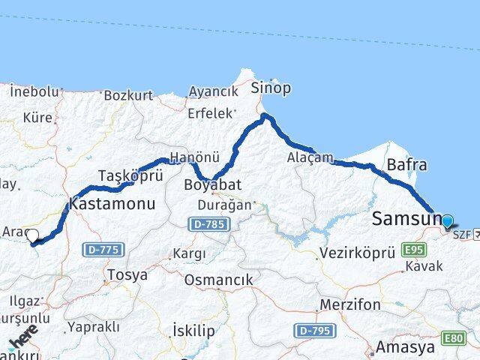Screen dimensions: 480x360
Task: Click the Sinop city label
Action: click(271, 88)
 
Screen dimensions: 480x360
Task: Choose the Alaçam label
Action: click(305, 157)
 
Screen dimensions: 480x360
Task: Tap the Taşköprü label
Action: click(120, 176)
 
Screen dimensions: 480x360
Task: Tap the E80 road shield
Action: click(453, 339)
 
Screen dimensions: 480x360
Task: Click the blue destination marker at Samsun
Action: click(448, 221)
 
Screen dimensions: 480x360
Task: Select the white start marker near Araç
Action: click(32, 236)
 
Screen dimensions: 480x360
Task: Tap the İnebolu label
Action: click(34, 91)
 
